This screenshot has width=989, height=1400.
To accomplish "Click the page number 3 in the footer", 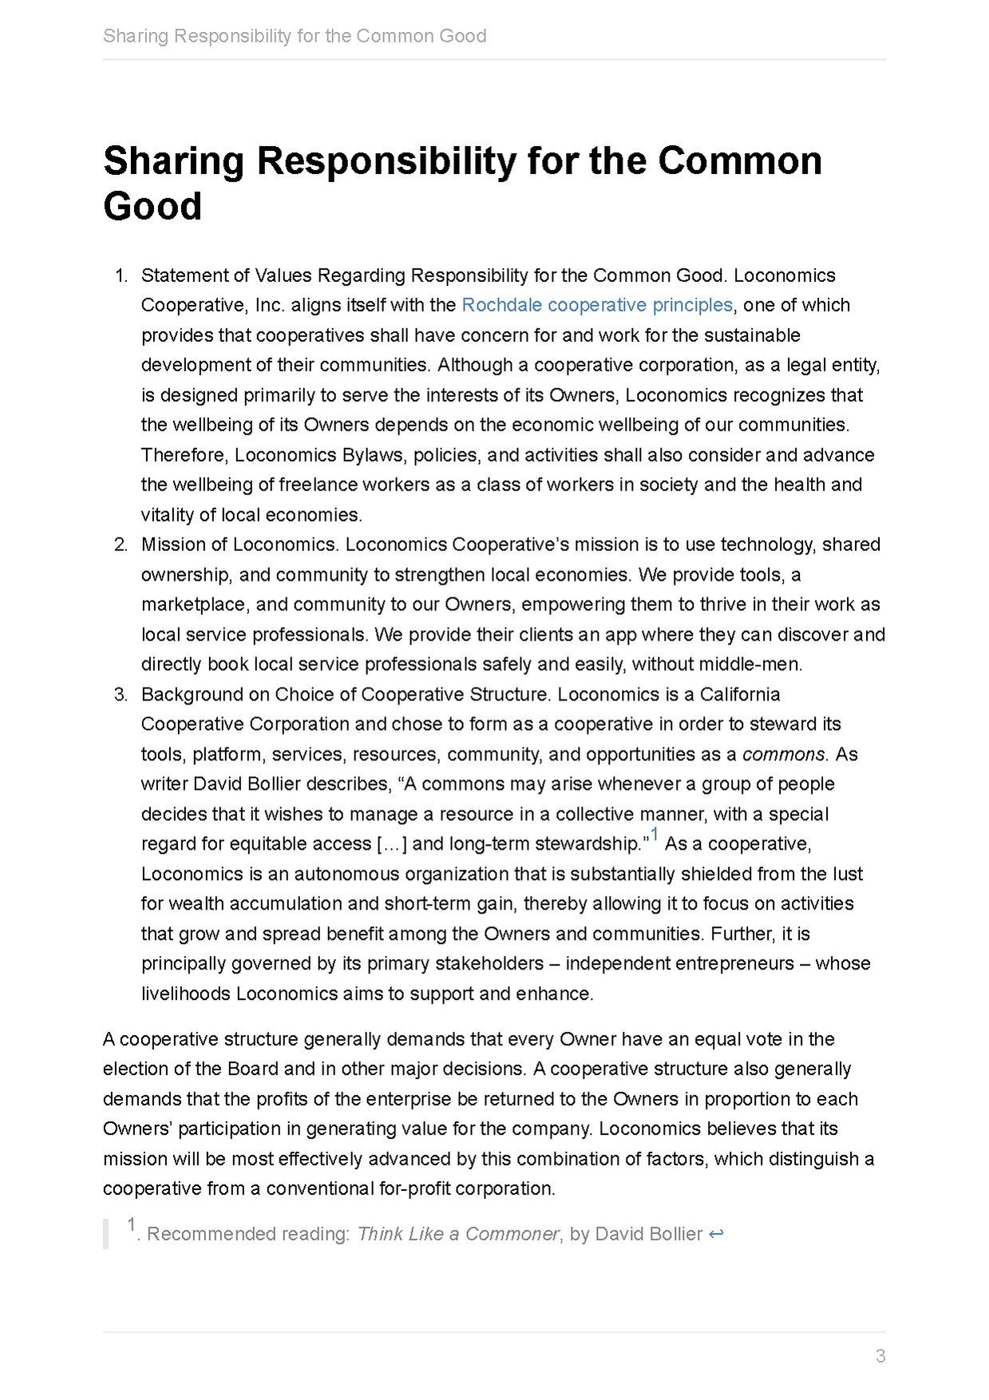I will pos(880,1355).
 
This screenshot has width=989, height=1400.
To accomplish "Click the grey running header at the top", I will pos(295,36).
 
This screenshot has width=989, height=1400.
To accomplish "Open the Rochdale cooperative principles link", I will pos(597,305).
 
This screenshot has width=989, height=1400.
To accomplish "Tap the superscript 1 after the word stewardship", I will pos(655,835).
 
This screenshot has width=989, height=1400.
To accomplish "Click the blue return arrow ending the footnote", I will pos(716,1234).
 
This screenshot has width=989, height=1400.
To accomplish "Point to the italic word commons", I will pos(783,754).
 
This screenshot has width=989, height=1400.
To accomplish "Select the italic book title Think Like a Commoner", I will pos(458,1234).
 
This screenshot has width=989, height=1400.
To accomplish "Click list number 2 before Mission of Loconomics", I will pos(121,545).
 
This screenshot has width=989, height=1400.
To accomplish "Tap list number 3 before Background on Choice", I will pos(121,694).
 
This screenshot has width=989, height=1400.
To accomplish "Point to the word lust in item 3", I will pos(847,874).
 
